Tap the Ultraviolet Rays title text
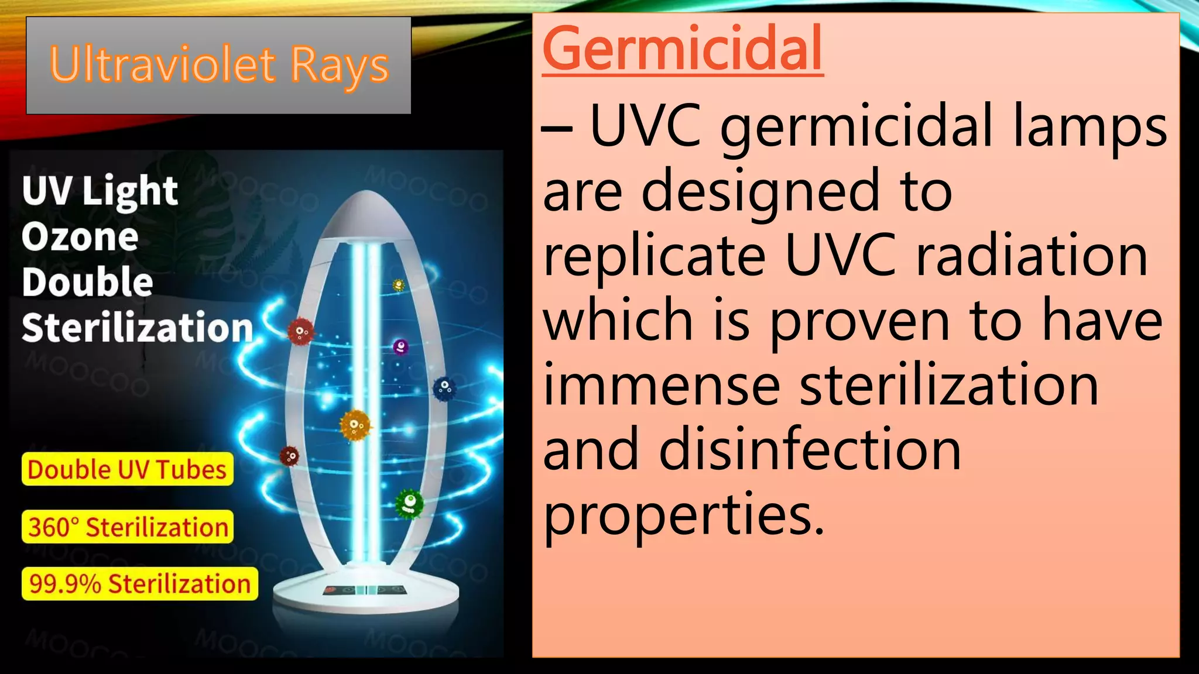point(219,65)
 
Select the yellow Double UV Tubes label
point(127,469)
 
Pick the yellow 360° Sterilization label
point(128,527)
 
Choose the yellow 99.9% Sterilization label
point(140,584)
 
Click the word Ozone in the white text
point(80,237)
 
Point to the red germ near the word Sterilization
point(300,332)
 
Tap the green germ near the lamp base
point(409,504)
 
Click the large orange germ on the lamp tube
point(355,425)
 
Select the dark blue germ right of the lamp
point(444,388)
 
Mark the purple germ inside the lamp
point(400,347)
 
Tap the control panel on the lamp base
point(364,590)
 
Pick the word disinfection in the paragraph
point(810,449)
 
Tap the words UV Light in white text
point(100,191)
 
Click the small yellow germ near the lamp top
point(399,286)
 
